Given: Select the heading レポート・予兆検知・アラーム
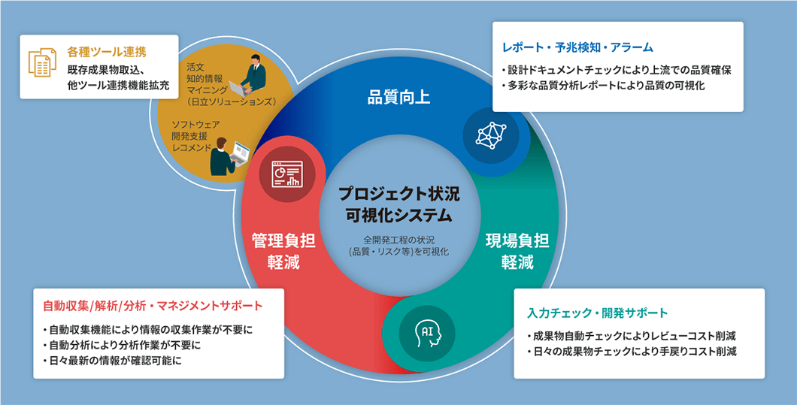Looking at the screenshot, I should pos(577,47).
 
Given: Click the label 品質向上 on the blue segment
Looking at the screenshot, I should pos(398,97).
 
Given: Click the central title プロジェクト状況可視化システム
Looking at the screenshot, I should pos(398,204).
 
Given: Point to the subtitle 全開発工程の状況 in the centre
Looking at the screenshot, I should pos(398,240).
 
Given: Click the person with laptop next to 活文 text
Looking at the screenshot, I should pos(254,75).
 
